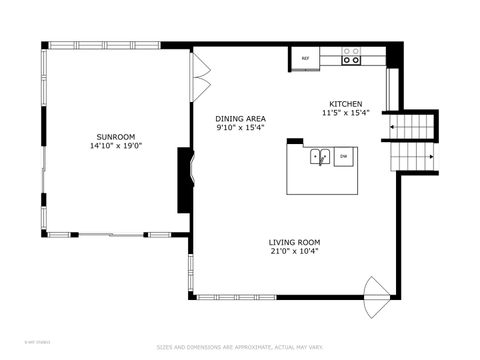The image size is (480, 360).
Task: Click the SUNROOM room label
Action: [115, 136]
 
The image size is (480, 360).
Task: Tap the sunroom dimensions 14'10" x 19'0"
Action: [115, 146]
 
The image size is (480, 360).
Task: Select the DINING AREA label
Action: [240, 118]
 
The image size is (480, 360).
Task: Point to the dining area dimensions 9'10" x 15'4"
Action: [240, 128]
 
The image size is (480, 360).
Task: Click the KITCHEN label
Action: [346, 104]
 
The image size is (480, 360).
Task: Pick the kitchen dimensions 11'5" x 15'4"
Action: [346, 113]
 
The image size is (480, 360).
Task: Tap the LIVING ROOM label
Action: [294, 242]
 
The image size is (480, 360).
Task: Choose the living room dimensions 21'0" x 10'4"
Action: [294, 252]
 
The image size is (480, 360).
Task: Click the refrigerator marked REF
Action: [305, 59]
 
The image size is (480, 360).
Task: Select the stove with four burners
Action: [352, 55]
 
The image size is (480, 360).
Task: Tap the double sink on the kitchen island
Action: [321, 156]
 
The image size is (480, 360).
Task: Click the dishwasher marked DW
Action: [343, 156]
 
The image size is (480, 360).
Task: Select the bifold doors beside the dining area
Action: [201, 75]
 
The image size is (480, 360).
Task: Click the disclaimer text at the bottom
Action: [240, 348]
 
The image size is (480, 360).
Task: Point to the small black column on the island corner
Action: [294, 141]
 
